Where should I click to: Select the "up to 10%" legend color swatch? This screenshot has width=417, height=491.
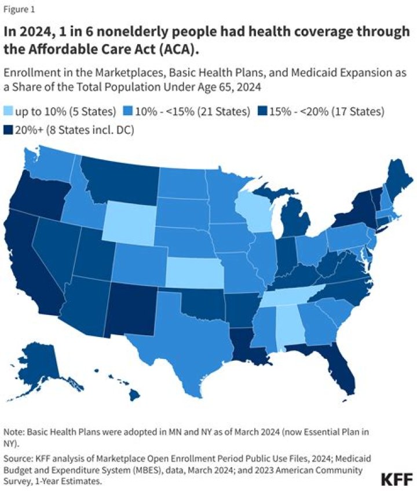tap(9, 111)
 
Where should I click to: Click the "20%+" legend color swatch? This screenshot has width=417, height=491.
tap(9, 130)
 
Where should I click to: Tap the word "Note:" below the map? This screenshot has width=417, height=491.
tap(15, 433)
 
